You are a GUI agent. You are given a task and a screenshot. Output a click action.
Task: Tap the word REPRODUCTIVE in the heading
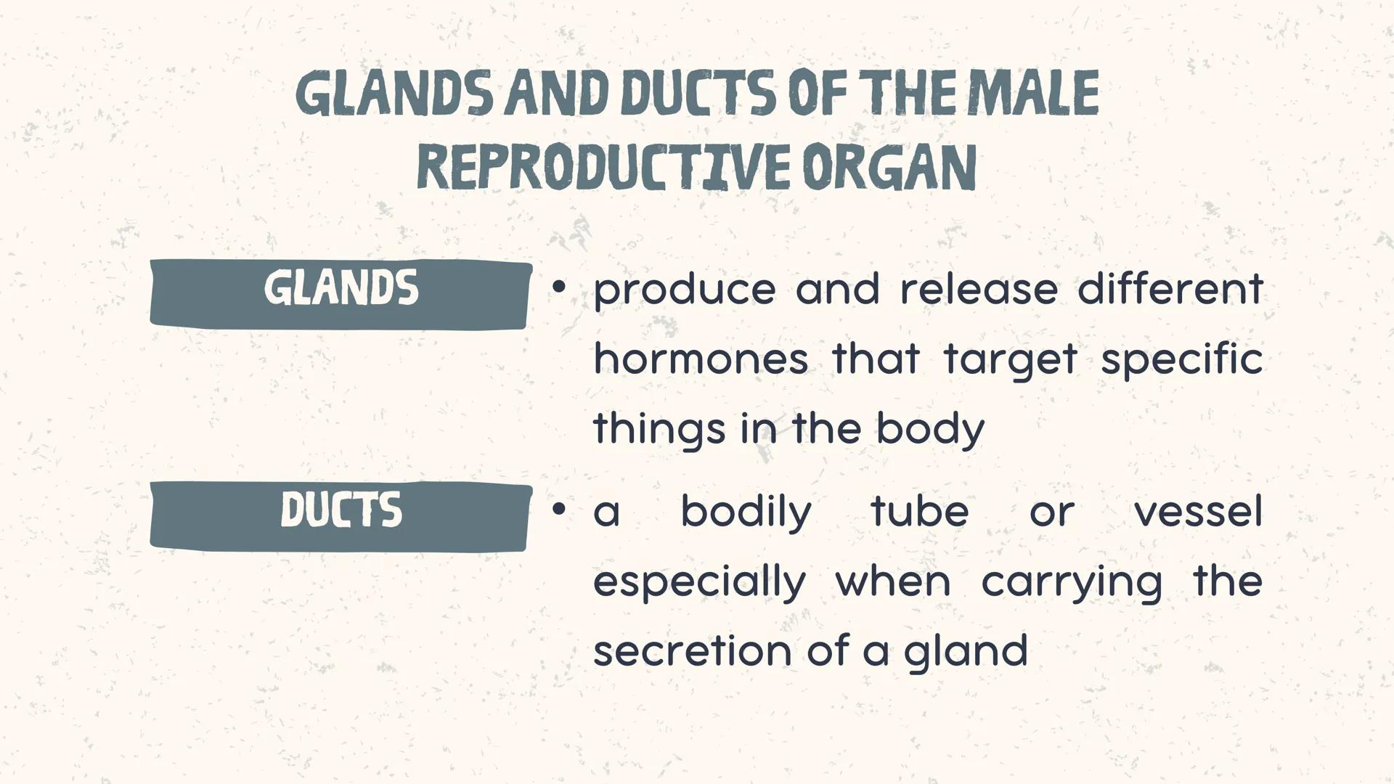(602, 168)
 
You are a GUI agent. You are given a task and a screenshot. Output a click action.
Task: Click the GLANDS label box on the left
(341, 293)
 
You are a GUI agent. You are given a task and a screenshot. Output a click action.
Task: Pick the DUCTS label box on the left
(341, 515)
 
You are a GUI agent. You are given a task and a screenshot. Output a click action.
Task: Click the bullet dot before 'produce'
(558, 288)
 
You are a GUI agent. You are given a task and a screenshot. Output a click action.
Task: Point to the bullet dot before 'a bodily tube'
(558, 510)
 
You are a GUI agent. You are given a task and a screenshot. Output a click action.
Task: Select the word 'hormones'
(700, 359)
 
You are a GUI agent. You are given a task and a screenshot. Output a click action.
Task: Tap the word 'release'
(978, 289)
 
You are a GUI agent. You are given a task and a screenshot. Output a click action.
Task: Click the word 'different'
(1170, 289)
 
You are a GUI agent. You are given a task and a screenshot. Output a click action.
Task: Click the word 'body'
(930, 430)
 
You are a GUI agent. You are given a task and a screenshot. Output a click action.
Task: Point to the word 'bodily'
(746, 513)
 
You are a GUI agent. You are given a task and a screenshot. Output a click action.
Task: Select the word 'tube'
(919, 511)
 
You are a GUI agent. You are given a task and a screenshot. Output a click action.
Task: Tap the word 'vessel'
(1198, 511)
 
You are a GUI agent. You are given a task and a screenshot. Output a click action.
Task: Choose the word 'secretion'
(691, 650)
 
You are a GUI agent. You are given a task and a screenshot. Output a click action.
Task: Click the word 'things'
(659, 430)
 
